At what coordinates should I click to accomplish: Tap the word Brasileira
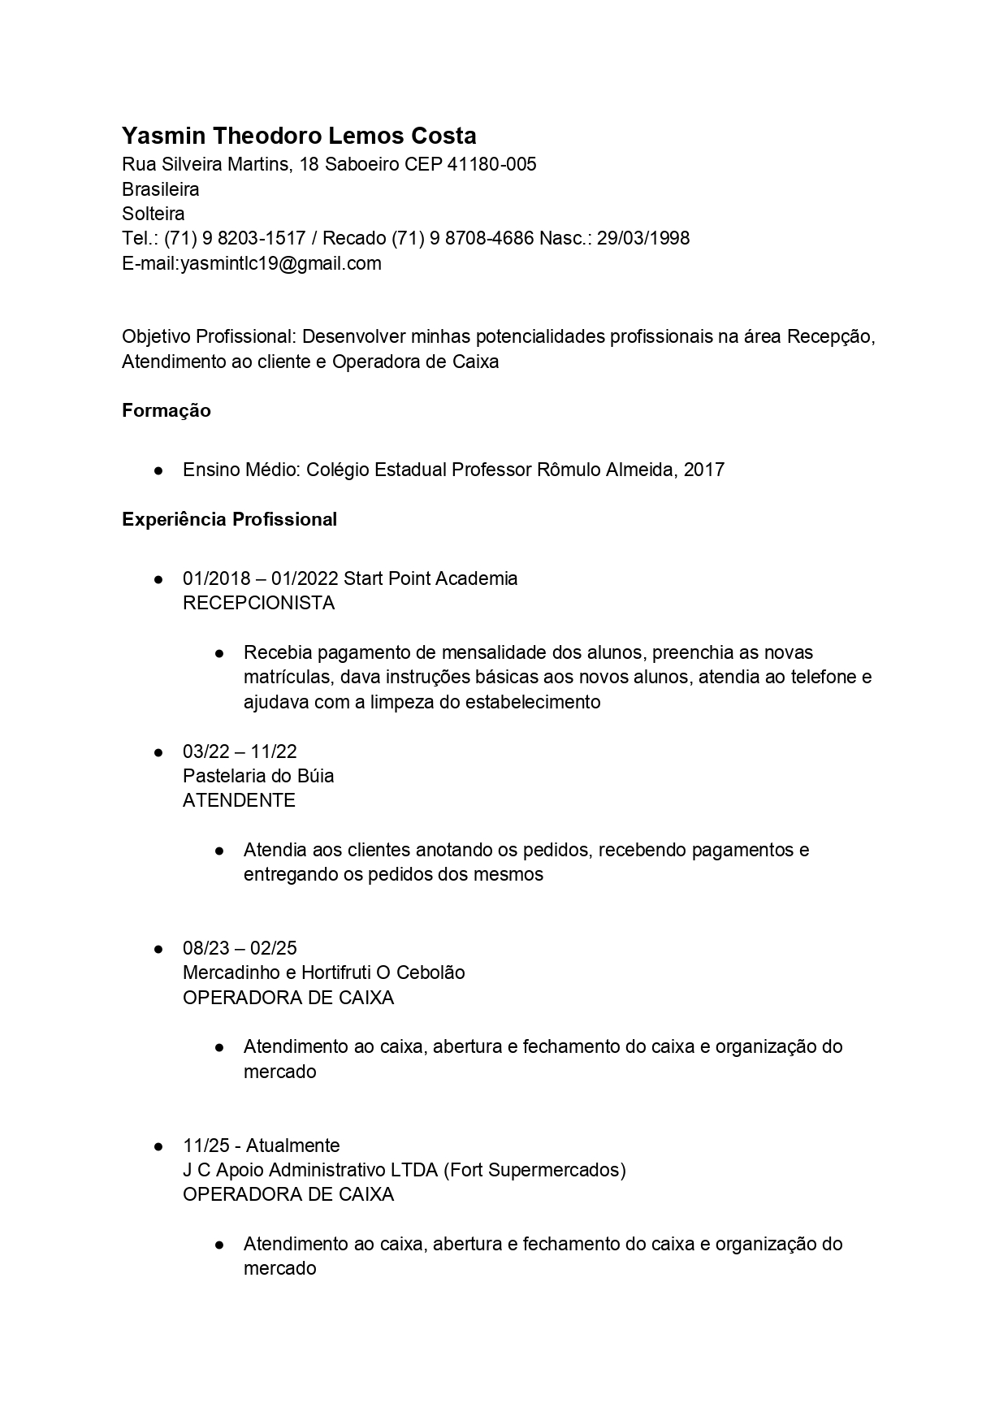click(160, 189)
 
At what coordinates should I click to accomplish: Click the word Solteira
click(153, 214)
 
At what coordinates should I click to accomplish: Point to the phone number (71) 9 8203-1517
click(235, 238)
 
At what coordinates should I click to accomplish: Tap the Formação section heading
click(166, 411)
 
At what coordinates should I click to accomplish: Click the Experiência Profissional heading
click(229, 519)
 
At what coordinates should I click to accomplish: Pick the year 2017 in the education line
click(703, 470)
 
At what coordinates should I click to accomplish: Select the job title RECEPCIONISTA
click(258, 603)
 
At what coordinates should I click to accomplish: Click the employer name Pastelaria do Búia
click(258, 776)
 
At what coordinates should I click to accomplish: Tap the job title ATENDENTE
click(239, 800)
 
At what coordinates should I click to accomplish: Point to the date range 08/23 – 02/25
click(240, 948)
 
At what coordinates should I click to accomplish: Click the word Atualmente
click(292, 1146)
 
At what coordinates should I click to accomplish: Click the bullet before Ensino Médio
click(158, 470)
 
